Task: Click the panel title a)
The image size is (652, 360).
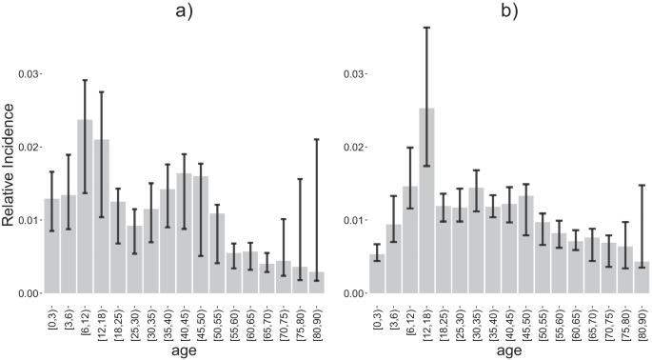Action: click(x=185, y=14)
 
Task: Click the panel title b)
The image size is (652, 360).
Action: click(x=509, y=14)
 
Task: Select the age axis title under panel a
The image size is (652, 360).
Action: click(x=185, y=350)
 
